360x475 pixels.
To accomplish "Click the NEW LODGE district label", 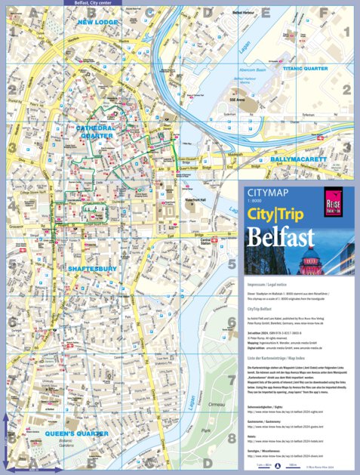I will (x=97, y=23).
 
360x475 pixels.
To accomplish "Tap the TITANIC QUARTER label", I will (x=309, y=67).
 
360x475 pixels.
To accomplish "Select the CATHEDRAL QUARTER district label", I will (x=103, y=133).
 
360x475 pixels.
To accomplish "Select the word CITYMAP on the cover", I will (x=266, y=194).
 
